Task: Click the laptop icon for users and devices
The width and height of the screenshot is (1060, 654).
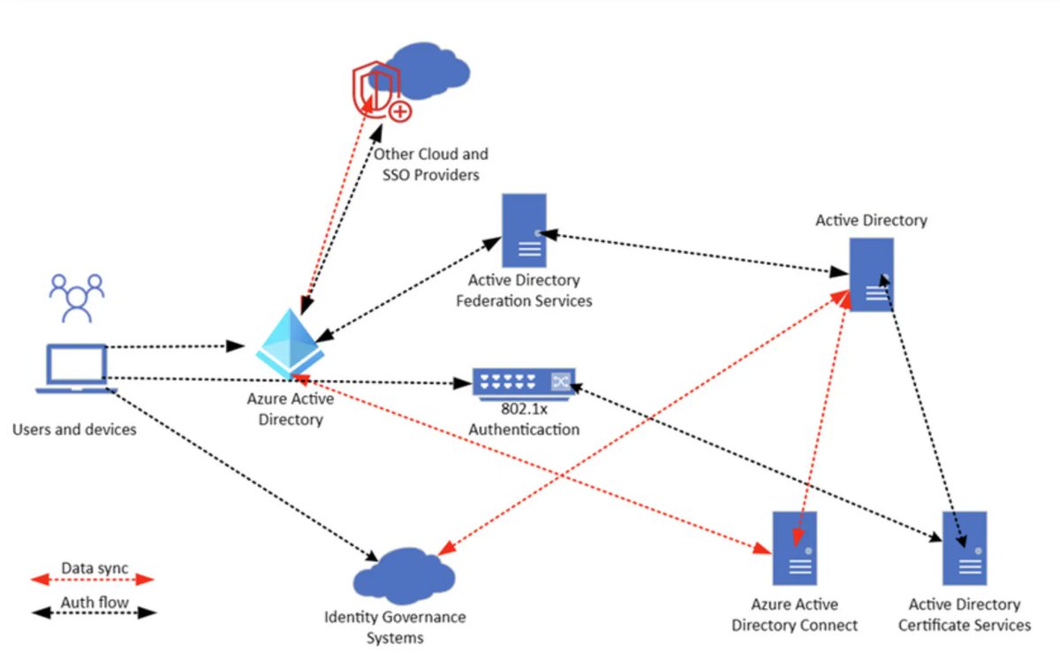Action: [76, 369]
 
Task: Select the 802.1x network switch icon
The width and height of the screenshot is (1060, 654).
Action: [524, 383]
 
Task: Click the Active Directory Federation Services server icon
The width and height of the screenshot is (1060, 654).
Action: [524, 231]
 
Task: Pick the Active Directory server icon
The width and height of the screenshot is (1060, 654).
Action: [871, 274]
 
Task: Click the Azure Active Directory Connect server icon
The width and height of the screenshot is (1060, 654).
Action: [794, 548]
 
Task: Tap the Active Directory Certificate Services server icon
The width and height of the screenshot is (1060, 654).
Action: [964, 548]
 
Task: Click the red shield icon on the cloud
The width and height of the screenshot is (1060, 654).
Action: [378, 89]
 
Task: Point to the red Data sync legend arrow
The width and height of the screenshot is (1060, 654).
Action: [93, 580]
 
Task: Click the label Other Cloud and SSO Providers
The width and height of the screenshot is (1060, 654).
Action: [430, 164]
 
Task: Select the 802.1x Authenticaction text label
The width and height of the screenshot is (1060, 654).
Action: [524, 421]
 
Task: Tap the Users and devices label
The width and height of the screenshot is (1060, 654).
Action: [74, 430]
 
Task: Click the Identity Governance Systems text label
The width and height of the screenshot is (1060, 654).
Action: [395, 627]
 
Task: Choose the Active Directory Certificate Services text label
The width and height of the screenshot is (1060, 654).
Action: [964, 615]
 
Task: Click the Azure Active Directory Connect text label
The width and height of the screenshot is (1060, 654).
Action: [804, 615]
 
